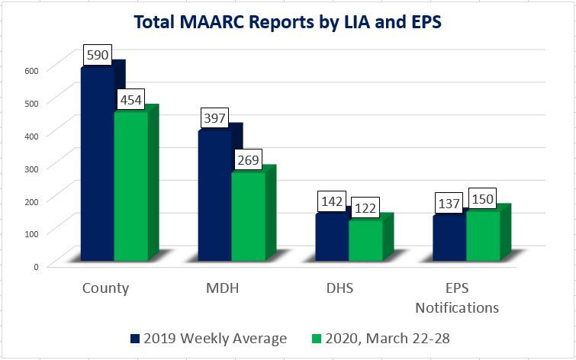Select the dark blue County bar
(x=97, y=164)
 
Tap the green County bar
(x=130, y=187)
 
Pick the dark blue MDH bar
(x=214, y=196)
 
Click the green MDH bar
(x=248, y=217)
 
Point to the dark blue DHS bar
(x=332, y=237)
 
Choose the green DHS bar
(x=365, y=240)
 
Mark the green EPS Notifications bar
(x=483, y=236)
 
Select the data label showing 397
(x=215, y=119)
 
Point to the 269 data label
(x=249, y=160)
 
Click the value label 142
(x=333, y=203)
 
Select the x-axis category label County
(x=105, y=288)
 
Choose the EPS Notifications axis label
(x=457, y=298)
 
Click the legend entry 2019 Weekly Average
(x=208, y=338)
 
